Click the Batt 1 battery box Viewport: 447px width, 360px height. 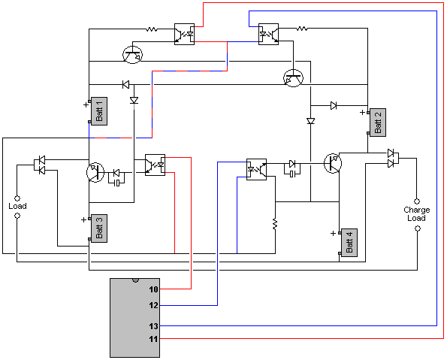99,111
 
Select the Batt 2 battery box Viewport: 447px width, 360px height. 378,123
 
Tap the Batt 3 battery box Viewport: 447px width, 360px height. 99,228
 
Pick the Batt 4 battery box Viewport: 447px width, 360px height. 349,243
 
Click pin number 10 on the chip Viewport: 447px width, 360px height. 153,289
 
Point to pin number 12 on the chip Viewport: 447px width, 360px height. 153,305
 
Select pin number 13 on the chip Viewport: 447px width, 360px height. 153,325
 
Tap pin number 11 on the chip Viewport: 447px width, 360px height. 153,339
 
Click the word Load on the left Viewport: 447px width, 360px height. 17,206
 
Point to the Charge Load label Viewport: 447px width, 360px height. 416,214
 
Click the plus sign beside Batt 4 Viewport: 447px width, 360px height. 333,233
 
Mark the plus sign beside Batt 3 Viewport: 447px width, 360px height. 83,219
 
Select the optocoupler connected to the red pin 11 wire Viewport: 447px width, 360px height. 185,35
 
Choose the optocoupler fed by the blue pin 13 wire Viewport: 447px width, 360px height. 268,35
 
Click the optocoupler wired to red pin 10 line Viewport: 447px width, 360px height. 155,165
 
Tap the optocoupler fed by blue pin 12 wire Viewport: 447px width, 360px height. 257,169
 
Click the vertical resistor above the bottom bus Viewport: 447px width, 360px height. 275,224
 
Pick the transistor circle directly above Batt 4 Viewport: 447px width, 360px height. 333,163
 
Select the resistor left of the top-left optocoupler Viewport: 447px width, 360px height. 152,29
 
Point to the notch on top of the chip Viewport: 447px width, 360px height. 135,280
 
